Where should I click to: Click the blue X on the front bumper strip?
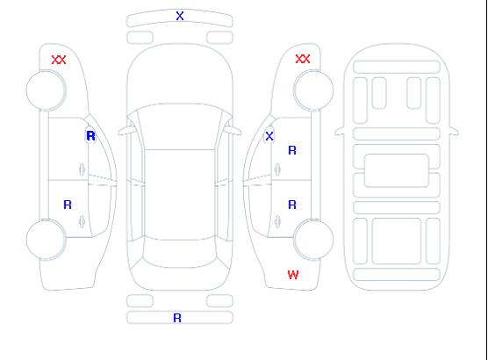180,16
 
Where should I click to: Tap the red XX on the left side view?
59,60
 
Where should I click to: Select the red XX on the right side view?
303,59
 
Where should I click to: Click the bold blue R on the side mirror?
91,136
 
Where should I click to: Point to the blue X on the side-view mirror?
269,136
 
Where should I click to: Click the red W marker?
293,275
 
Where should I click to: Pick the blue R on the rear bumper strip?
177,318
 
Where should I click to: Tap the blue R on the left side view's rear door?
68,205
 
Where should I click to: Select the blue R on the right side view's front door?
292,150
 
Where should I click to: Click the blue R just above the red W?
292,205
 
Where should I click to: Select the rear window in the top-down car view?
180,254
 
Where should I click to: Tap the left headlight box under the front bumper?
140,38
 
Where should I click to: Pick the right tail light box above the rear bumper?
219,301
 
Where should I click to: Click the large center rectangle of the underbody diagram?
397,170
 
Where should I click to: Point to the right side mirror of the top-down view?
233,130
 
